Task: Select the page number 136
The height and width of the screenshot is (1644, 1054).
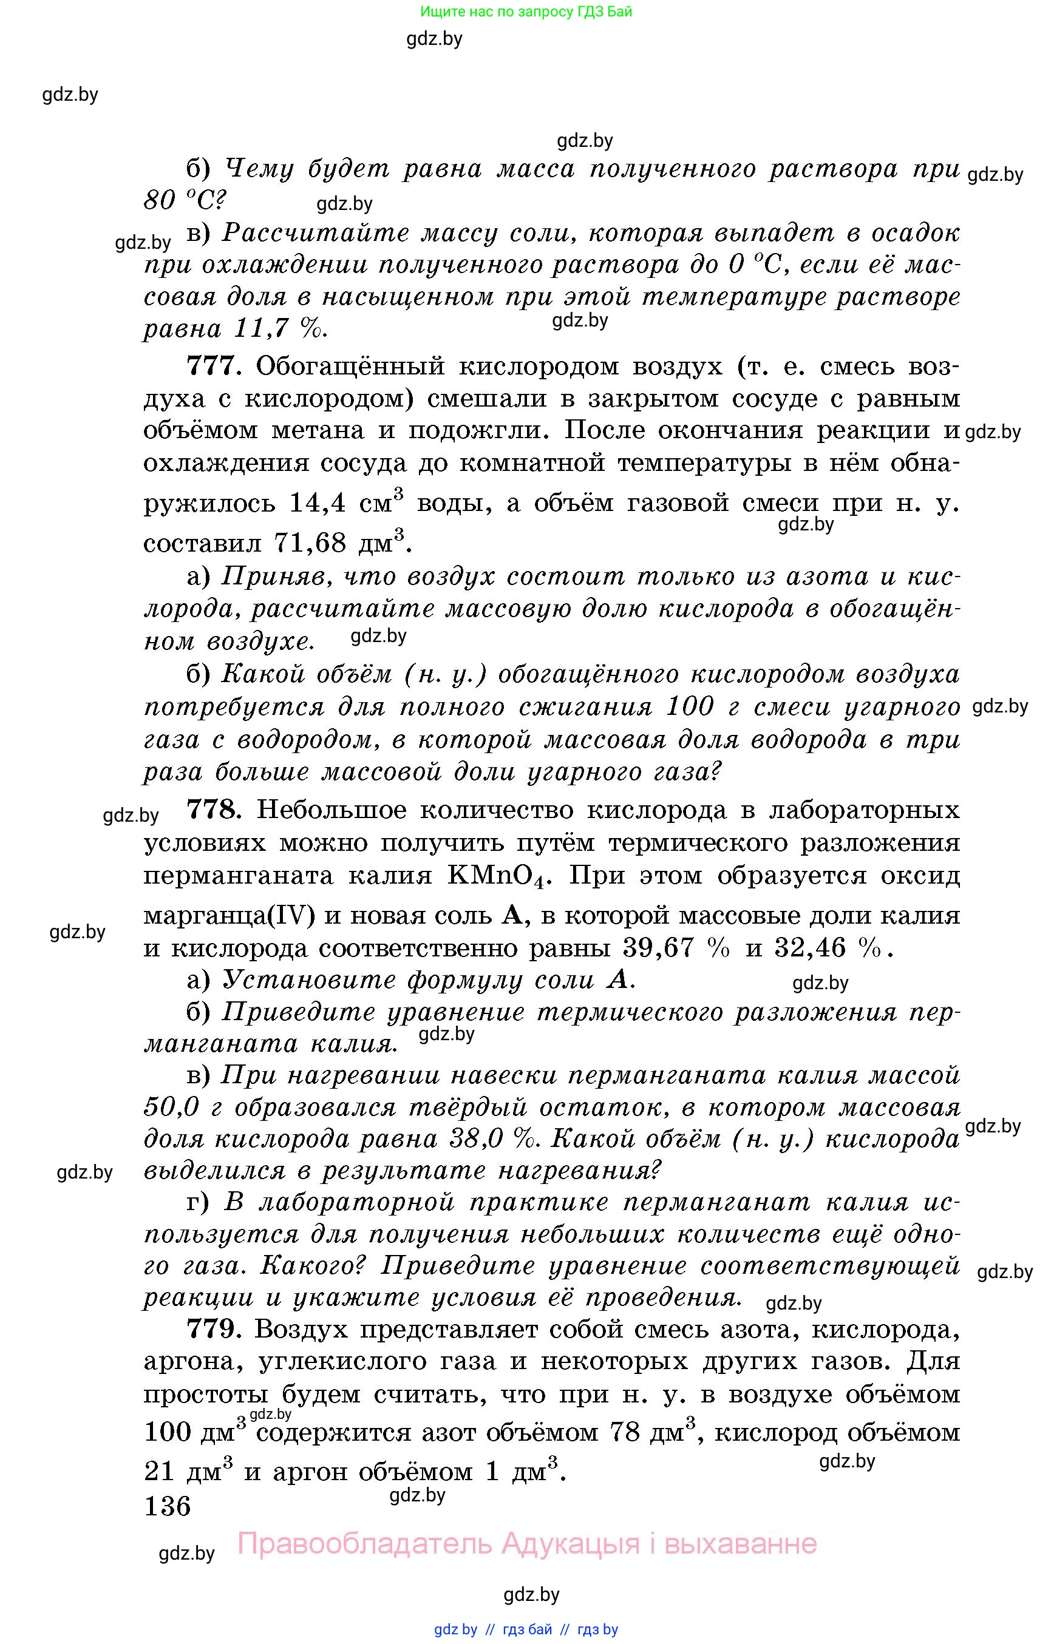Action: pyautogui.click(x=168, y=1506)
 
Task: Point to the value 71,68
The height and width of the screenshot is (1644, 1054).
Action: pyautogui.click(x=310, y=543)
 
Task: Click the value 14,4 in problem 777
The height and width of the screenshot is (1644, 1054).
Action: pyautogui.click(x=317, y=504)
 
